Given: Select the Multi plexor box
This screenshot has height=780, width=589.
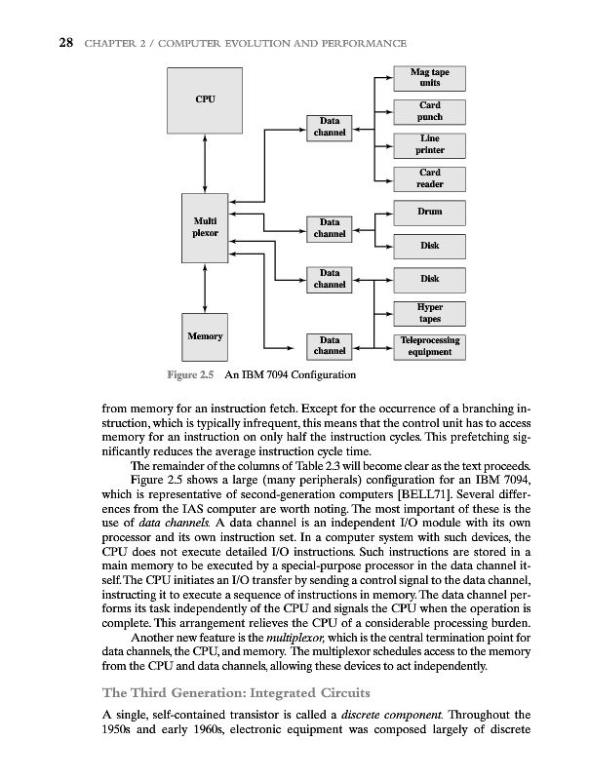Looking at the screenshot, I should (x=205, y=227).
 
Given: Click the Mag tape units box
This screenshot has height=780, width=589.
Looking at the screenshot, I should (x=429, y=77).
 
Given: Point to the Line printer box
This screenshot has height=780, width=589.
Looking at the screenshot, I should (x=429, y=144).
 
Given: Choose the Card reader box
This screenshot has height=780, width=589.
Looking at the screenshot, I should (x=429, y=178).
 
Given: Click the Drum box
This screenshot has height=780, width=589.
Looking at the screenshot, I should (x=429, y=212).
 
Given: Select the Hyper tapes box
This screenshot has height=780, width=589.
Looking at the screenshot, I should (x=429, y=313).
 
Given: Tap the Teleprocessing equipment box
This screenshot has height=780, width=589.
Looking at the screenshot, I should (x=429, y=346).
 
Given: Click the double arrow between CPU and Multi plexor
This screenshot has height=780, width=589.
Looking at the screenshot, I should (x=205, y=163).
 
